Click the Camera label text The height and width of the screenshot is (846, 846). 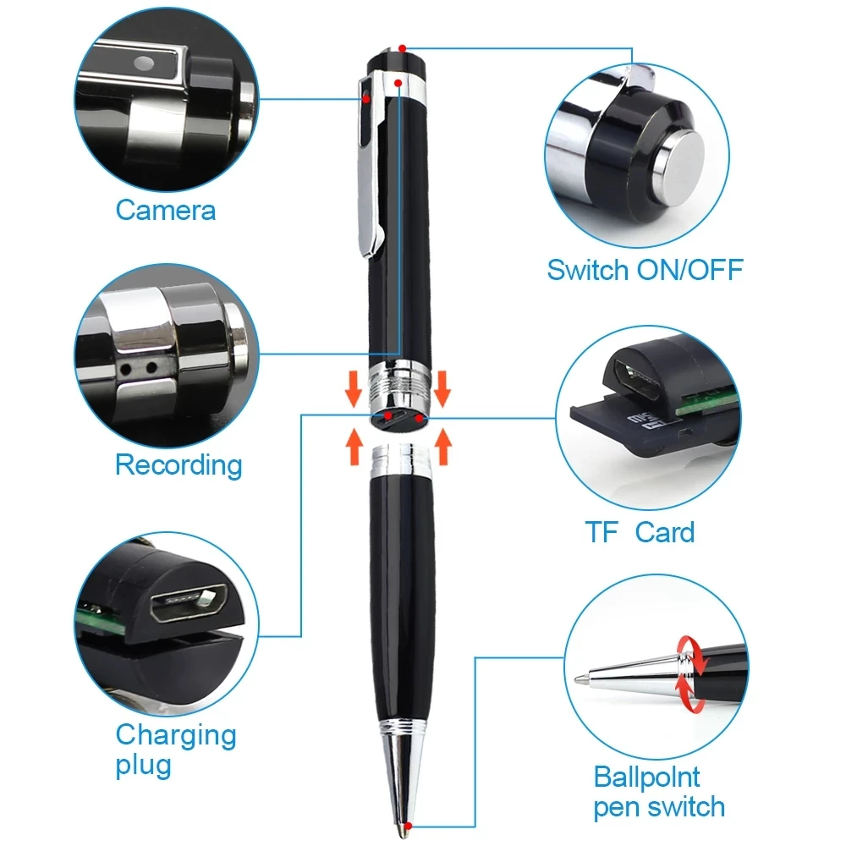tap(166, 210)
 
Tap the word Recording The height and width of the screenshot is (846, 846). tap(179, 465)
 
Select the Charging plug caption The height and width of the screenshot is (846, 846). tap(176, 750)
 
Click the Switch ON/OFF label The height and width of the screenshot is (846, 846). tap(645, 270)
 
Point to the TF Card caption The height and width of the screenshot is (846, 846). tap(640, 532)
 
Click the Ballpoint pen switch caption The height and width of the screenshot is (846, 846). tap(659, 792)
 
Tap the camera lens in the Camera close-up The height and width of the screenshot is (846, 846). tap(144, 63)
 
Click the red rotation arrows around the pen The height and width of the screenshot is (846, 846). tap(691, 673)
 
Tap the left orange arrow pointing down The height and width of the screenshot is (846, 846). tap(354, 388)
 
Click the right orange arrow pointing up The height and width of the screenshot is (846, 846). tap(443, 446)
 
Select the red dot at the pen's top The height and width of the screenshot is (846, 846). tap(403, 48)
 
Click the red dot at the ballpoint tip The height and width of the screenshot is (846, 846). tap(409, 826)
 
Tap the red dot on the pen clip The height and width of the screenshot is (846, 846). tap(366, 99)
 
